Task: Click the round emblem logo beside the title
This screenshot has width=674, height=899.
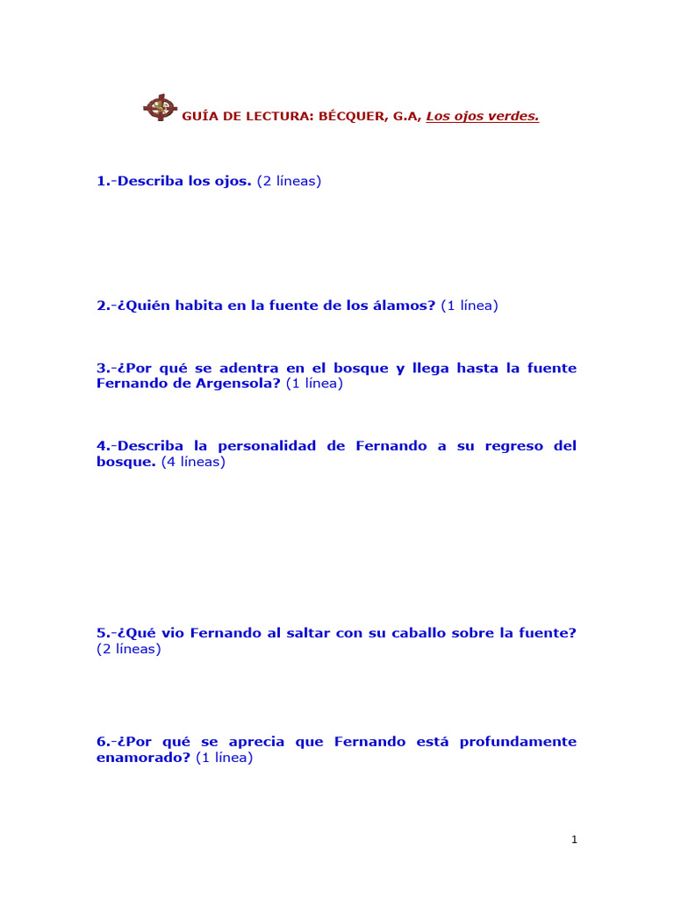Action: coord(159,108)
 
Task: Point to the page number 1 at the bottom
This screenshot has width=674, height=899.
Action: coord(574,840)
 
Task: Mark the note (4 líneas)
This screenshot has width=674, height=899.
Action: coord(193,462)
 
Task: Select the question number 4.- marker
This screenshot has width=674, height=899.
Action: coord(106,446)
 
